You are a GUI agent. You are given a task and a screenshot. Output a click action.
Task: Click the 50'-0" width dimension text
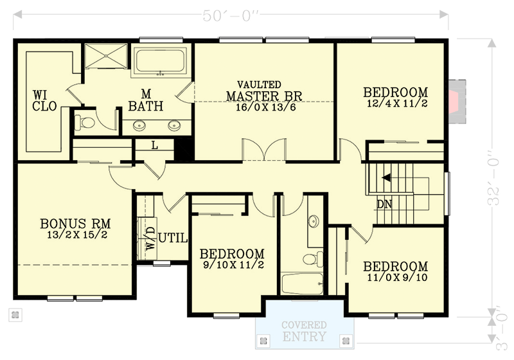(x=231, y=14)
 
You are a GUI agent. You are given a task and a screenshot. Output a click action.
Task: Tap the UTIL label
(x=173, y=239)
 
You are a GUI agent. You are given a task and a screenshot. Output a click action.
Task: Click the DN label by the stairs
(x=384, y=205)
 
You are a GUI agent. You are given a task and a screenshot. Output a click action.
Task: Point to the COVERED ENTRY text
(x=303, y=331)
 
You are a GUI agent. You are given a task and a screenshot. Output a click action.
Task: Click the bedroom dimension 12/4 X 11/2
(x=397, y=104)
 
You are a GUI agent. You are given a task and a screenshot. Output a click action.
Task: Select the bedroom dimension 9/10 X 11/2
(x=232, y=264)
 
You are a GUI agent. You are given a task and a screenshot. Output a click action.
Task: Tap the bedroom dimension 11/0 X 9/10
(x=396, y=278)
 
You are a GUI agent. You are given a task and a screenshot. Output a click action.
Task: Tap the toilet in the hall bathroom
(x=309, y=259)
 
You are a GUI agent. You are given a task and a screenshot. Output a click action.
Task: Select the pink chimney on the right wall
(x=456, y=99)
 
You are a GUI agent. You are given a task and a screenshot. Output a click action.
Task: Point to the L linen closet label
(x=155, y=145)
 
